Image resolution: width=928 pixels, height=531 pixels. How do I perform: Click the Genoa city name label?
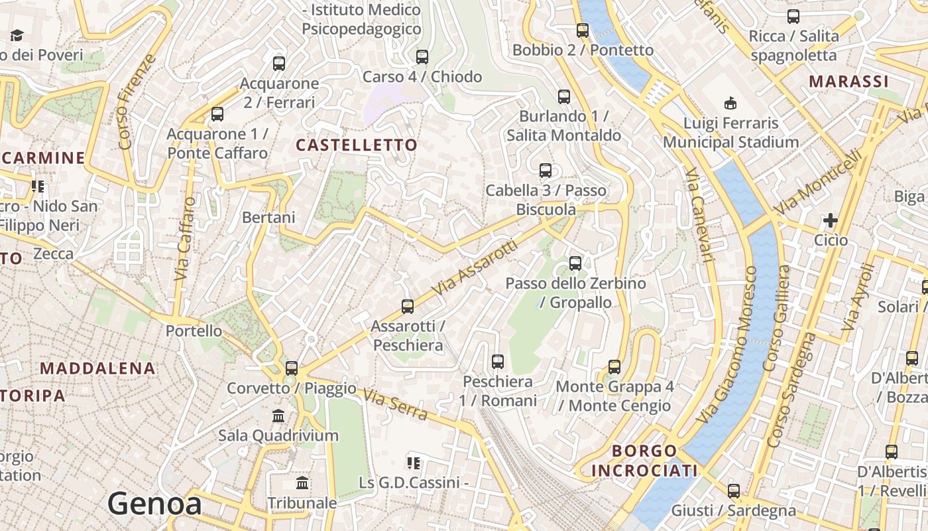(154, 504)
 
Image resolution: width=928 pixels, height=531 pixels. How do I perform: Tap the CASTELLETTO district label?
(357, 145)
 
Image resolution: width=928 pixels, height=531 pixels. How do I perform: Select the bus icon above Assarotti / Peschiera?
(407, 307)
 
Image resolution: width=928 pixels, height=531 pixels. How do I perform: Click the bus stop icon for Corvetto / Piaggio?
(291, 368)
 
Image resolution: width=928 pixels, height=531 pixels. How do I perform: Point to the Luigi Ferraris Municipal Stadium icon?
(730, 103)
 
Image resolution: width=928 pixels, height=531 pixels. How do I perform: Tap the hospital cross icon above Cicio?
(830, 220)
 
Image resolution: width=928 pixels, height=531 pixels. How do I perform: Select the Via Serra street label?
(395, 404)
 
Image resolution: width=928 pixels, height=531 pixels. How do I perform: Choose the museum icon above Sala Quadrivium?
(278, 416)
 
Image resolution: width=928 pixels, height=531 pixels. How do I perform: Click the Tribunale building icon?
(302, 483)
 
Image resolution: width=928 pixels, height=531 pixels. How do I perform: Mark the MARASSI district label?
(848, 82)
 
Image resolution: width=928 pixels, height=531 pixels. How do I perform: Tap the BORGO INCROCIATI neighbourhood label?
(644, 461)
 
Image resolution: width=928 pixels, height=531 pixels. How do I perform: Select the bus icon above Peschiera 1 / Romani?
(497, 362)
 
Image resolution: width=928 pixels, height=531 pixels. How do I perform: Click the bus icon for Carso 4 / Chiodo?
(422, 57)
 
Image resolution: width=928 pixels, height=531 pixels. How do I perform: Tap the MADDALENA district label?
(97, 368)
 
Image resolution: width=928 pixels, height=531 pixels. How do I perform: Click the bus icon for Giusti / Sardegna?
(733, 491)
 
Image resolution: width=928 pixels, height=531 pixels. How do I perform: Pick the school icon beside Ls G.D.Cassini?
(414, 463)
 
